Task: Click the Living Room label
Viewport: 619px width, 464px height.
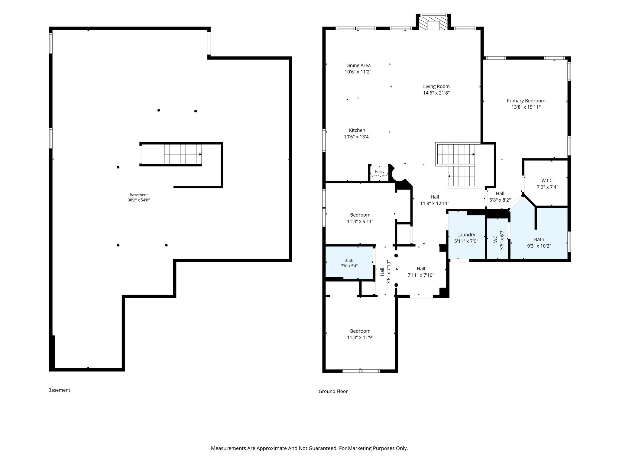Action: click(x=436, y=86)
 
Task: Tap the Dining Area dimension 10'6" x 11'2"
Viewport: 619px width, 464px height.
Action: click(x=358, y=72)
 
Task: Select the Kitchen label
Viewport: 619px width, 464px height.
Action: click(x=357, y=130)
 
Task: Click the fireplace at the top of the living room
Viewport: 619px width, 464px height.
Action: click(x=433, y=22)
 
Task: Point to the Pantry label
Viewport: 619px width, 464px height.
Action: click(x=379, y=172)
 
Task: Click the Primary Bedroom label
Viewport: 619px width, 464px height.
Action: click(x=526, y=101)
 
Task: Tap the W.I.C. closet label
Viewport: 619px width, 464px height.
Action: click(x=547, y=181)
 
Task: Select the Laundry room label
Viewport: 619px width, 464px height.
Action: click(x=466, y=235)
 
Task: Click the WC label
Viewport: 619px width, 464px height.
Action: click(x=495, y=240)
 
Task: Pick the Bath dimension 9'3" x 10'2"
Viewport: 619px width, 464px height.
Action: click(x=539, y=246)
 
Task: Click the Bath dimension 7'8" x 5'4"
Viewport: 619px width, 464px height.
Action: click(x=349, y=266)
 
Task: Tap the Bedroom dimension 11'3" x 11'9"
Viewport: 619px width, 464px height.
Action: click(x=360, y=337)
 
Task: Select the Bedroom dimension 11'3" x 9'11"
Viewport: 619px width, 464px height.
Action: click(x=360, y=221)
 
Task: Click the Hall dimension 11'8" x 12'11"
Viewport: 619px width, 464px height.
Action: click(x=435, y=204)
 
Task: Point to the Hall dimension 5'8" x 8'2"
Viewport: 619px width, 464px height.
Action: click(x=500, y=200)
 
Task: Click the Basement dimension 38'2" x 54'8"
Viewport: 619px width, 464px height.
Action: click(x=139, y=200)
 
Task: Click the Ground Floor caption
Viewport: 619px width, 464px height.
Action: click(x=333, y=391)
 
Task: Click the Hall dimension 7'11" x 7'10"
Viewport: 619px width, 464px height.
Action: click(x=421, y=275)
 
